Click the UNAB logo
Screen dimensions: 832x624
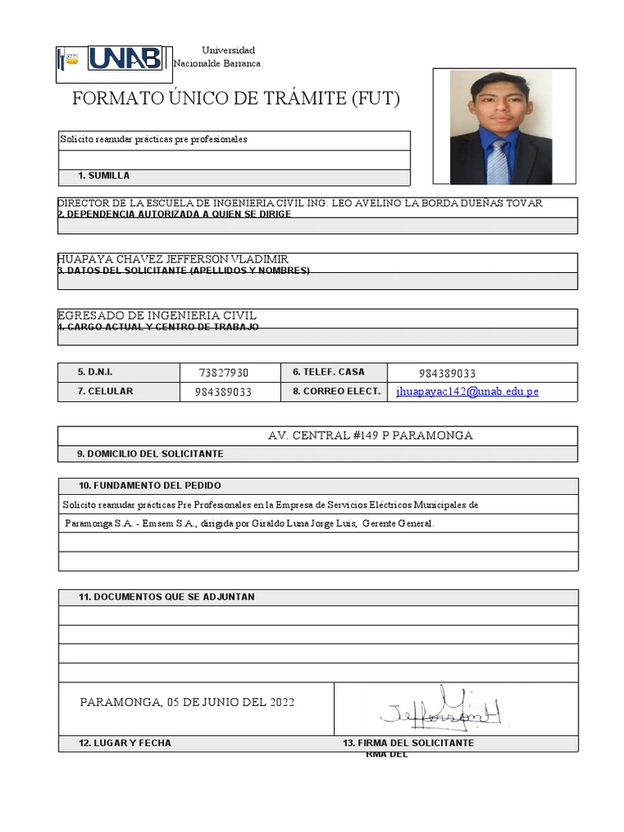[x=126, y=58]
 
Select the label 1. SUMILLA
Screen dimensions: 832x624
[x=103, y=176]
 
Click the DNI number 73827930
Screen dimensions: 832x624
[x=223, y=373]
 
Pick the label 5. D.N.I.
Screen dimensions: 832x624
[x=95, y=372]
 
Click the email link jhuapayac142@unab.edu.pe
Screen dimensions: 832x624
[x=467, y=392]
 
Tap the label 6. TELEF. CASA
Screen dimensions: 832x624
[x=328, y=372]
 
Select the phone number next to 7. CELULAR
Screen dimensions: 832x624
[x=223, y=392]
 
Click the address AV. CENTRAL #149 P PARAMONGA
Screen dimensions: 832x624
[x=370, y=436]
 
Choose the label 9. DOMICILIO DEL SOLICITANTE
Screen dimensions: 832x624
[x=150, y=454]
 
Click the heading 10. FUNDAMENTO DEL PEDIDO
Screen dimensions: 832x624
[x=149, y=486]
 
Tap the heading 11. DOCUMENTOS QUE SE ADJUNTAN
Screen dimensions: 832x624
[x=167, y=597]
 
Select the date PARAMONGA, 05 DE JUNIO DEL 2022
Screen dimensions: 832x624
[x=187, y=703]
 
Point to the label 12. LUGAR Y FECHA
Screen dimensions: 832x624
[x=124, y=743]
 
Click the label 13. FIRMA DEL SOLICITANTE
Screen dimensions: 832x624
[x=409, y=743]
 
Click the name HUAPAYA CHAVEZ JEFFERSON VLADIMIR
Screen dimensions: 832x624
[x=173, y=259]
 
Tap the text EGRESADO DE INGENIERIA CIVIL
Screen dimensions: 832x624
[x=157, y=315]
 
